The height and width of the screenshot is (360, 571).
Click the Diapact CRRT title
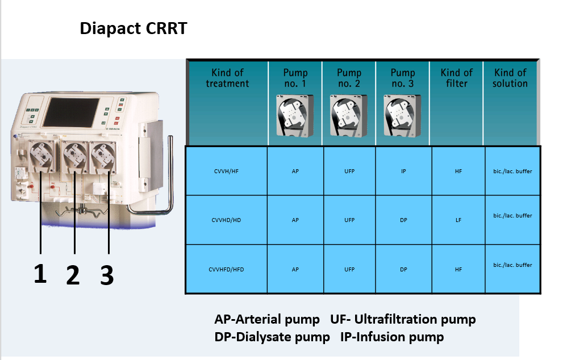134,28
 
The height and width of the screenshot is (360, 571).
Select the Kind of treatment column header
227,78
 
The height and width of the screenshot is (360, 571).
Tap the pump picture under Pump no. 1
295,116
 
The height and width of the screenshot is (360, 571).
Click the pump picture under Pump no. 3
402,116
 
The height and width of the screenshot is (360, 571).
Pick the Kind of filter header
457,78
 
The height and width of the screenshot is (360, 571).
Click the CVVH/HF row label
226,171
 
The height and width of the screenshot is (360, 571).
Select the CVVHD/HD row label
226,220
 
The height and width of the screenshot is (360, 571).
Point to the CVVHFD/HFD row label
226,269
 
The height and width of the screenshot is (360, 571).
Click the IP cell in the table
403,171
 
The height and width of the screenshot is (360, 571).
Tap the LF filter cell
459,220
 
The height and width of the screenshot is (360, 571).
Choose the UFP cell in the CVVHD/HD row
349,220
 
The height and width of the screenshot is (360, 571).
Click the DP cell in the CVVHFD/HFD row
403,269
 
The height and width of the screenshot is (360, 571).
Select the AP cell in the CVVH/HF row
295,171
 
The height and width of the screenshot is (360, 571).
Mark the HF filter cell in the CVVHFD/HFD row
459,269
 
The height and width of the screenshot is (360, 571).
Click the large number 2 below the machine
73,275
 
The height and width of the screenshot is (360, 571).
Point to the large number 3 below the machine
107,275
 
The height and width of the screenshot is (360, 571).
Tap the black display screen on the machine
71,112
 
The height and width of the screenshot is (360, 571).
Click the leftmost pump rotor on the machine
41,155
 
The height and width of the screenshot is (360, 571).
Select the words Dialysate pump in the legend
283,337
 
